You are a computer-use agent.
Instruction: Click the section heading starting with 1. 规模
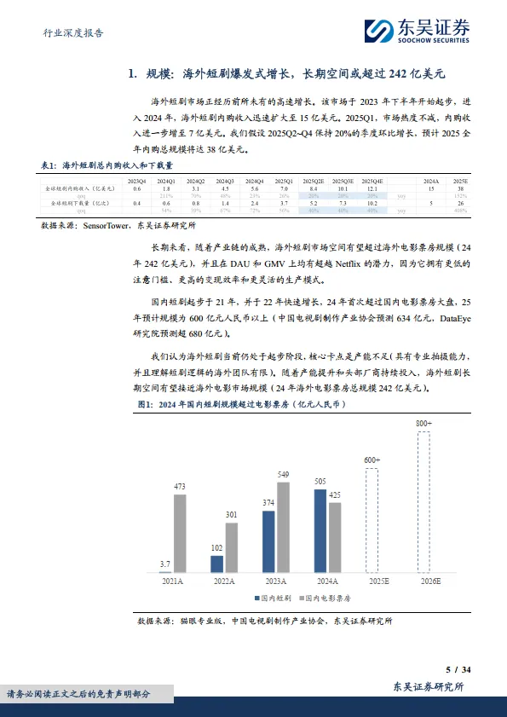(x=297, y=74)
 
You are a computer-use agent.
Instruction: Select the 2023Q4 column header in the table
(x=135, y=182)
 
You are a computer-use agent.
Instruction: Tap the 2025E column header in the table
(x=461, y=182)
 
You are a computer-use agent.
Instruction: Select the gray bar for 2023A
(x=284, y=529)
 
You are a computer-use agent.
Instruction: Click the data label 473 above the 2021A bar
(x=180, y=488)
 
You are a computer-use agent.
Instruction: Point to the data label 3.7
(x=164, y=564)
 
